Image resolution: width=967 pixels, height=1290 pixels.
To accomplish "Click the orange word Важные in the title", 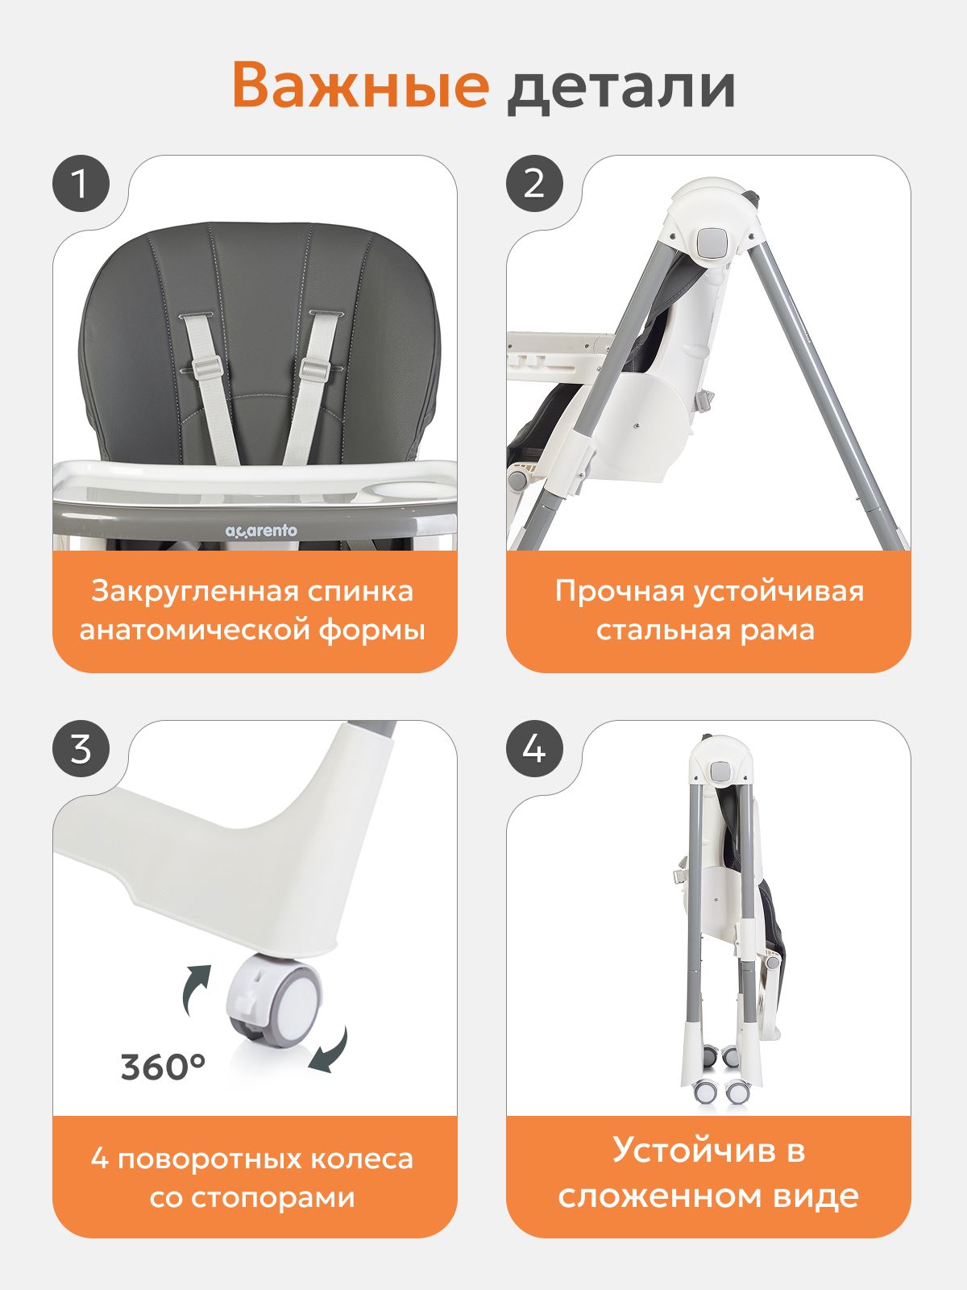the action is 361,85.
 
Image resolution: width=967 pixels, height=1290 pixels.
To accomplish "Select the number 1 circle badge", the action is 81,183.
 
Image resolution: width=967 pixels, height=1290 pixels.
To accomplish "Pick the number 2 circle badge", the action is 534,183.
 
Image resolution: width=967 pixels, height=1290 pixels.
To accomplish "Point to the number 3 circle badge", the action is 81,749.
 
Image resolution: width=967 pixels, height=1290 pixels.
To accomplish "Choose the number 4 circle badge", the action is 534,749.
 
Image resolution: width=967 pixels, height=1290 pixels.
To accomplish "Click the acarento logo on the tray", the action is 261,531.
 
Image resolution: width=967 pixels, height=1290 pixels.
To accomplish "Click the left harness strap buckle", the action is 207,368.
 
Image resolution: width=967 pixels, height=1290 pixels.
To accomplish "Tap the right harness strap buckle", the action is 314,368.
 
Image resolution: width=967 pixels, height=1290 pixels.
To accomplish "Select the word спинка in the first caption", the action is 360,591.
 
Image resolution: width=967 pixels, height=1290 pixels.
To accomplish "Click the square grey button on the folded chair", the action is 721,770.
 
